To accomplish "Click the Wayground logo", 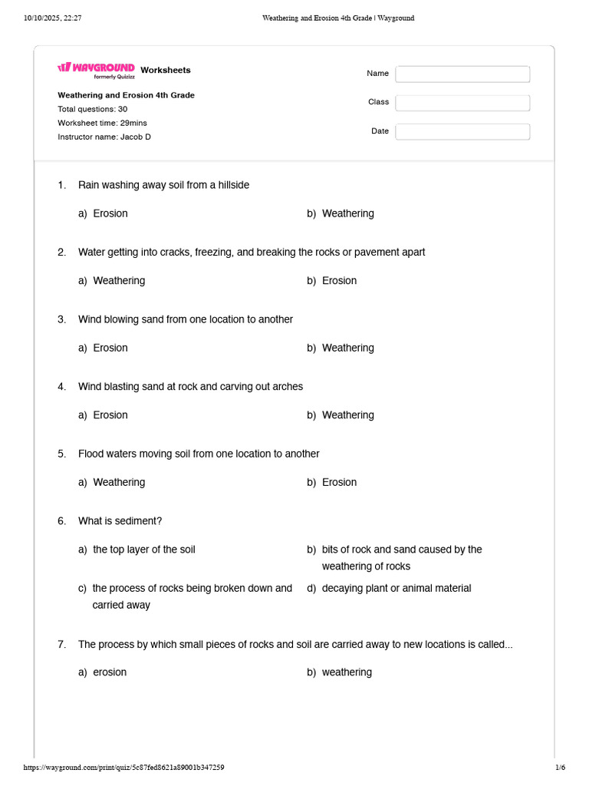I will (96, 69).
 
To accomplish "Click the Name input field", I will (462, 74).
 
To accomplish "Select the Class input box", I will (462, 103).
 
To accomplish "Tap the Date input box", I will (462, 131).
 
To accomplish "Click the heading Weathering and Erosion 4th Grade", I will (126, 95).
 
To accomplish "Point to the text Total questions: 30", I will (92, 109).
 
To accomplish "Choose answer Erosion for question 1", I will (110, 213).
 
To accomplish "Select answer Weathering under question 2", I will (119, 281).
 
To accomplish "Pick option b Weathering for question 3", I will (347, 348).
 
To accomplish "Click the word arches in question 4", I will (288, 387).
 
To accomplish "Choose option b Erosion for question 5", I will (339, 482).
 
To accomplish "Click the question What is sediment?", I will (120, 521).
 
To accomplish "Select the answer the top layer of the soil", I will (144, 550).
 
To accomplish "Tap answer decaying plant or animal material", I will (397, 588).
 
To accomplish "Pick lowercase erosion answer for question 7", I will (110, 672).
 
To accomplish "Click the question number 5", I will (61, 454).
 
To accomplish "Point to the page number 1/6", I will (560, 768).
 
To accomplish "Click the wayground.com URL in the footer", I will (123, 768).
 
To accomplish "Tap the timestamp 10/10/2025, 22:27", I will (53, 18).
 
